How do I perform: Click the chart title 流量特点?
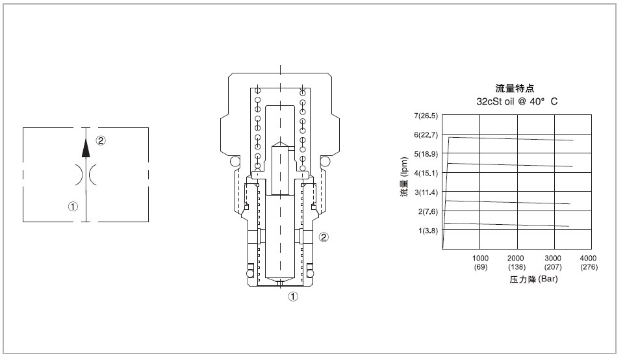click(x=515, y=89)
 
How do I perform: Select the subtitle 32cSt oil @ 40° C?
click(x=517, y=101)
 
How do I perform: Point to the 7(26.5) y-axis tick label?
click(x=427, y=116)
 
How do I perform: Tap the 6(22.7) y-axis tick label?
click(x=427, y=135)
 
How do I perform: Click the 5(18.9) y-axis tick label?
click(x=427, y=154)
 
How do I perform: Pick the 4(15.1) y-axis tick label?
click(x=427, y=174)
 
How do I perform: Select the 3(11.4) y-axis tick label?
click(x=427, y=192)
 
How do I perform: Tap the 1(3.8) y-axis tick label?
click(x=429, y=231)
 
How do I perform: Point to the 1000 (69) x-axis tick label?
click(x=480, y=263)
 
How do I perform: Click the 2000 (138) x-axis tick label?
click(x=517, y=263)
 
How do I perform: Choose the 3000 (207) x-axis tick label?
click(x=553, y=263)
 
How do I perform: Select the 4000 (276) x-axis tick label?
click(x=589, y=263)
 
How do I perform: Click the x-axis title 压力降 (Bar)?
click(x=533, y=280)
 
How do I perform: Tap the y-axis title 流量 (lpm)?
click(x=403, y=183)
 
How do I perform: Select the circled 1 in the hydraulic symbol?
click(x=73, y=207)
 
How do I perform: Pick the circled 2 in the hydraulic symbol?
click(x=101, y=140)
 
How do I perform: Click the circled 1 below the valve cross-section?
click(x=293, y=297)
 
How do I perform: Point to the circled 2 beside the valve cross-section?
click(x=324, y=237)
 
